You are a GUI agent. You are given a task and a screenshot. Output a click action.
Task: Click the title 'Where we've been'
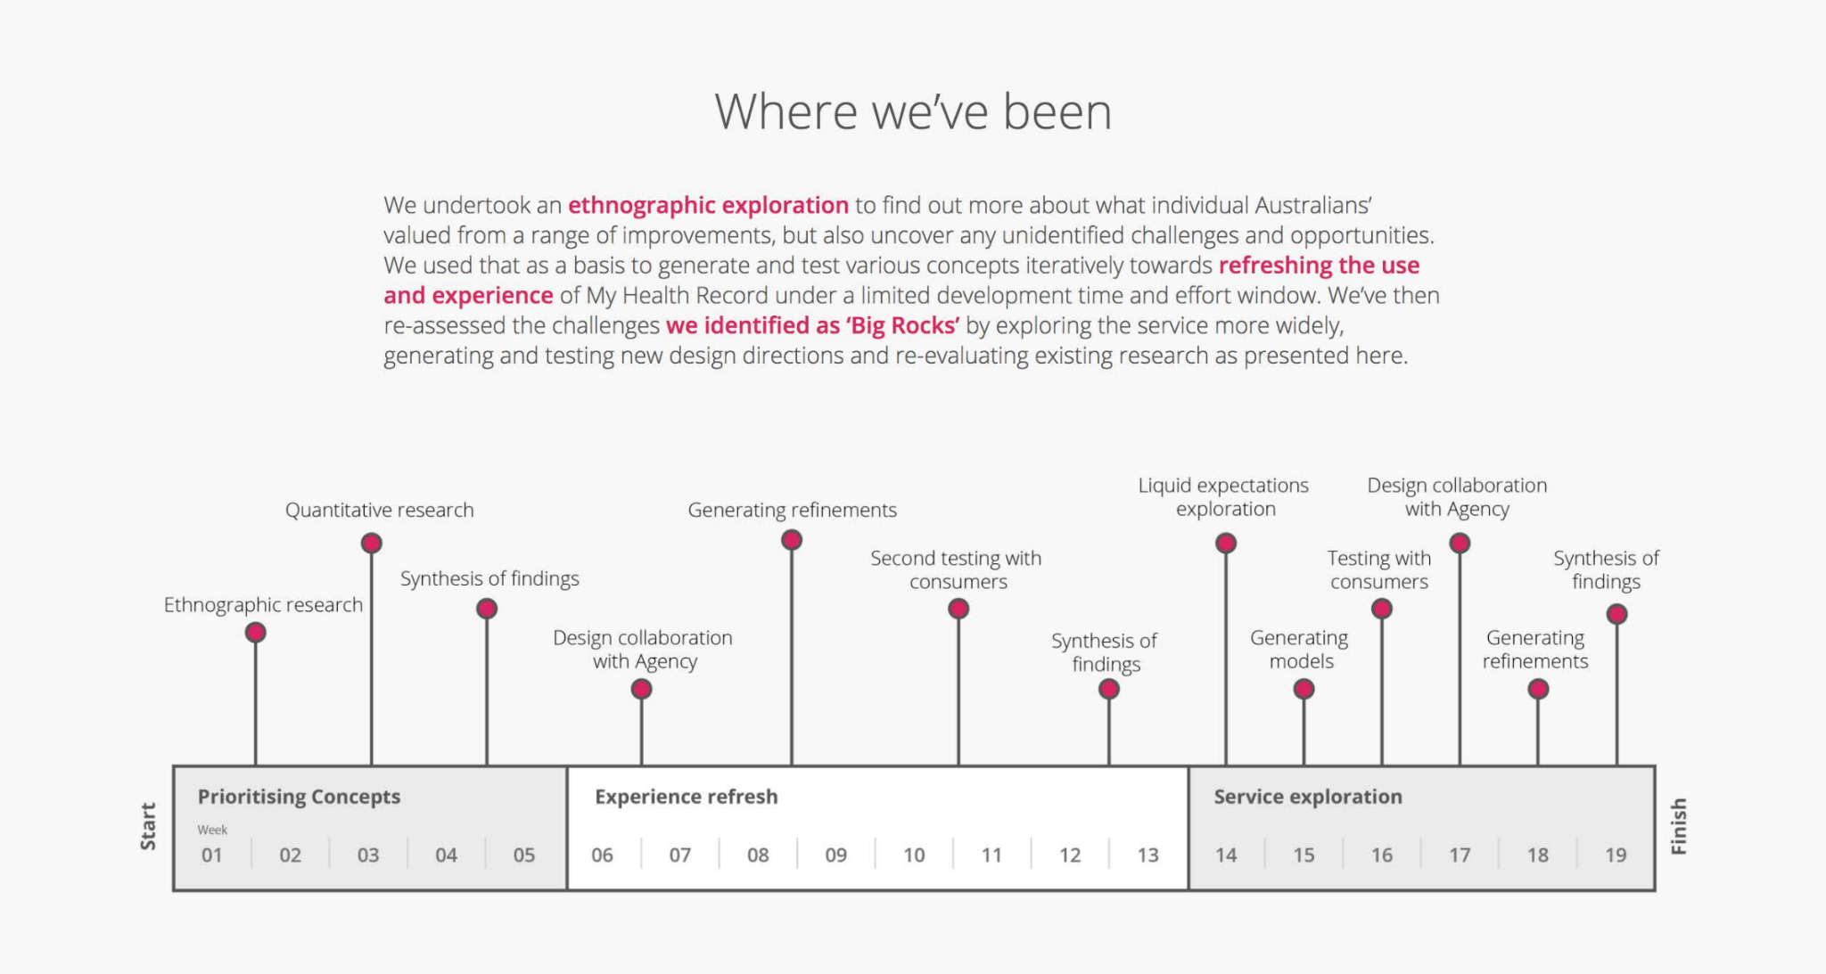point(913,112)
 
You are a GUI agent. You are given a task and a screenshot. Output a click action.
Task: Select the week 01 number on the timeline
point(211,855)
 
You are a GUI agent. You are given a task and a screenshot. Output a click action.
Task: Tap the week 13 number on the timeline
point(1147,855)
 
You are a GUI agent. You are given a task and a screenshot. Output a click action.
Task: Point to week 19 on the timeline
point(1616,855)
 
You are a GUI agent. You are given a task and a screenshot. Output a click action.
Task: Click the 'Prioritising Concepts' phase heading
point(299,797)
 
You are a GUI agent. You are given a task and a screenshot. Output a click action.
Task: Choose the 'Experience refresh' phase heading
point(686,797)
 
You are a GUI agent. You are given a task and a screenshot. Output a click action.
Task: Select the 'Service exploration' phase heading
point(1307,797)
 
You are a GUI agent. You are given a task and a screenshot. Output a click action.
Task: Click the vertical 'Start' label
point(148,826)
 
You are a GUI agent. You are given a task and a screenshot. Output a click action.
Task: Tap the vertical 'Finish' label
point(1678,826)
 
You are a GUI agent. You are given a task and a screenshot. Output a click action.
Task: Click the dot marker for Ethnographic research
point(256,633)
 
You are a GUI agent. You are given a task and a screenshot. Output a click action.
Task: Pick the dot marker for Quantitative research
point(372,543)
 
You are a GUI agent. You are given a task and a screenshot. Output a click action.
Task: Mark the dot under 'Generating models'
point(1304,689)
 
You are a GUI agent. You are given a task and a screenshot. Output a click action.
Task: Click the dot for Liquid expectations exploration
point(1226,543)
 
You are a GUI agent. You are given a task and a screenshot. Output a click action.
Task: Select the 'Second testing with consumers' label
point(957,570)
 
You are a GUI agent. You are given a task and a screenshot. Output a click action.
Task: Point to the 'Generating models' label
point(1300,650)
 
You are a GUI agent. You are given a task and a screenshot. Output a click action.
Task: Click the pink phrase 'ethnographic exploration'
point(708,206)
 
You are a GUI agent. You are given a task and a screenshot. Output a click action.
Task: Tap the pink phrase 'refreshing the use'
point(1319,266)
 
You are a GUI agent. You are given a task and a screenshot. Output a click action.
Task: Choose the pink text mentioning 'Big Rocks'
point(813,326)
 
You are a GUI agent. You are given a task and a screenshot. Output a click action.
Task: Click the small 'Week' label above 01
point(212,830)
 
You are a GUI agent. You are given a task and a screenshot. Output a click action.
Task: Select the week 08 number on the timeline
point(758,855)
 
